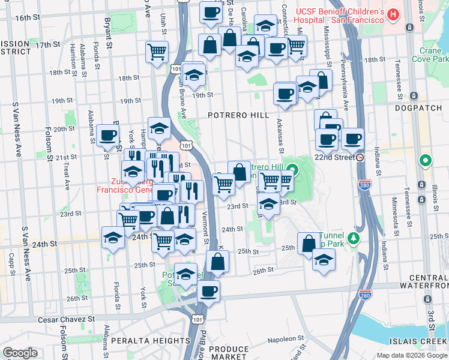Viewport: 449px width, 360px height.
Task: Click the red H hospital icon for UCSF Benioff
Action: point(393,13)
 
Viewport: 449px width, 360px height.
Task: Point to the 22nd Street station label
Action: point(335,157)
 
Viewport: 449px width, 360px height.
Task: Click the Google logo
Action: point(20,353)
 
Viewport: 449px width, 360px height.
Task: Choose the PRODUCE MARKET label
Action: point(229,353)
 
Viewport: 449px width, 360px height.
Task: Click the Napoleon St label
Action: point(287,340)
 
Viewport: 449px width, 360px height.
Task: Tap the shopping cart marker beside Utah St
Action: point(157,52)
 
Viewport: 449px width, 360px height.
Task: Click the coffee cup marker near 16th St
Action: point(210,12)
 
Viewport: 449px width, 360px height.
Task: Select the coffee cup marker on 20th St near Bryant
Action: point(107,135)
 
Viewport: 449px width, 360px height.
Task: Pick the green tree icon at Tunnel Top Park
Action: point(354,239)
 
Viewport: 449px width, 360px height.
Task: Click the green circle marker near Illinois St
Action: point(426,160)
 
